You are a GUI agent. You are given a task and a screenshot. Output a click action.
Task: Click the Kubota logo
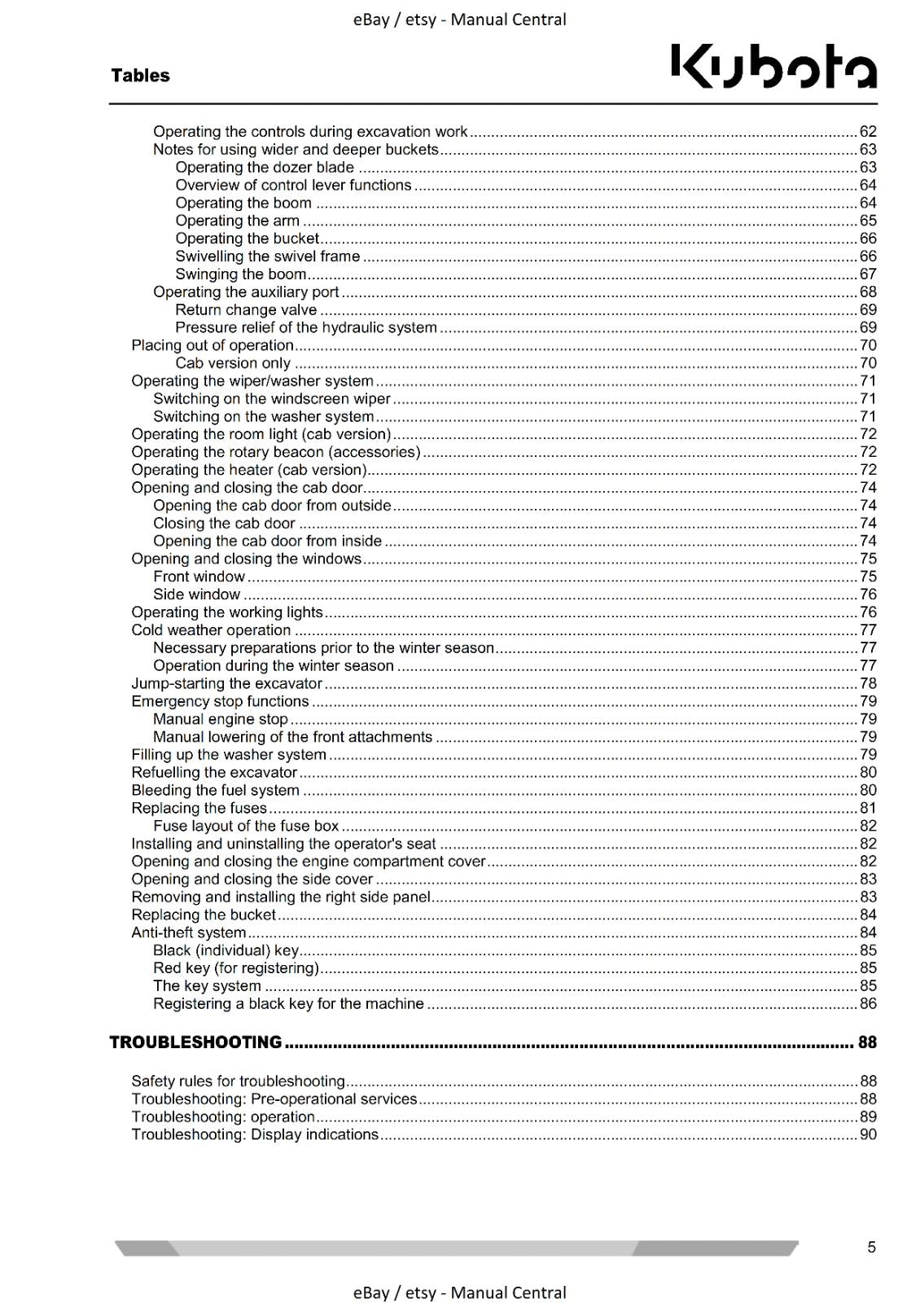773,67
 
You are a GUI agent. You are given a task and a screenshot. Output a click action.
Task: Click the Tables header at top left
140,76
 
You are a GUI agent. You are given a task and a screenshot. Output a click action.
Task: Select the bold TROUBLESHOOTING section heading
195,1042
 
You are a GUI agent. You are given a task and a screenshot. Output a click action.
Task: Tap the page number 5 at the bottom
871,1247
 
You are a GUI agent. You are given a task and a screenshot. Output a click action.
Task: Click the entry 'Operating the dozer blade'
265,168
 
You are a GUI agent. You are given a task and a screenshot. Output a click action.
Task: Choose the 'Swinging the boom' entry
240,274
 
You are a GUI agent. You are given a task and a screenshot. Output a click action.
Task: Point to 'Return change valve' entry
246,310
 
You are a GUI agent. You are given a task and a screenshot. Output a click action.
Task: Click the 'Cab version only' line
233,363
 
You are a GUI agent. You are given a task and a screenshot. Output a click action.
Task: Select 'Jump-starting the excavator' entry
226,684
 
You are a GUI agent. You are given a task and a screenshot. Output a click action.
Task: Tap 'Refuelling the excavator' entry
214,773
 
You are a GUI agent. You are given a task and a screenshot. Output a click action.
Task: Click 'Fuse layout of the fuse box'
246,826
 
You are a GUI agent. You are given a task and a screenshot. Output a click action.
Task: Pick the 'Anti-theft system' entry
188,932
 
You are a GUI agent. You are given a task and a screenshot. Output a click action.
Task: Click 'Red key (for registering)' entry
235,968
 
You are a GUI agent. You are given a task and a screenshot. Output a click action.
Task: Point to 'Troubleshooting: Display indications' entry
255,1134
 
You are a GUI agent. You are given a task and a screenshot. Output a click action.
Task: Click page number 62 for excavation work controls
868,132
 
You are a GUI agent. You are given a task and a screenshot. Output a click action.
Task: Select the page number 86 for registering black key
868,1004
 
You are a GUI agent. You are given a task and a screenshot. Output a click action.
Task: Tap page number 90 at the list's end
868,1134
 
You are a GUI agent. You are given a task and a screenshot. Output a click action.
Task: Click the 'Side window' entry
196,594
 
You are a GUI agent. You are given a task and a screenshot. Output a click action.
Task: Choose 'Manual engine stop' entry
220,719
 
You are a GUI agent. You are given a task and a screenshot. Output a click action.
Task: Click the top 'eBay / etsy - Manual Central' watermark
459,20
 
